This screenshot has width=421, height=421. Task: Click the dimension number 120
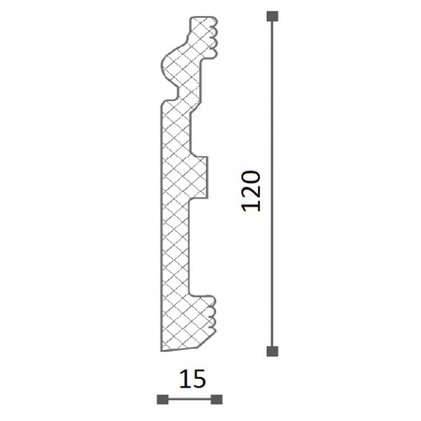(x=251, y=191)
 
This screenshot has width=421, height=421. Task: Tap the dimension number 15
(x=193, y=379)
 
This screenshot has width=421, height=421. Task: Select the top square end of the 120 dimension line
(x=272, y=16)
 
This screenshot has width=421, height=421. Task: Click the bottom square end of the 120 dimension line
(x=272, y=351)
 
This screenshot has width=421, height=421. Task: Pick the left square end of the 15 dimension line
(x=163, y=399)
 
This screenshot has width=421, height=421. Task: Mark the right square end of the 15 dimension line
(x=216, y=399)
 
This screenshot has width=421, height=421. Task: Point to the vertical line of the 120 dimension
(x=272, y=183)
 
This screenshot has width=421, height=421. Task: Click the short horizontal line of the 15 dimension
(x=190, y=399)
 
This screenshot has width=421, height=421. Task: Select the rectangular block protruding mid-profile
(x=198, y=177)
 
